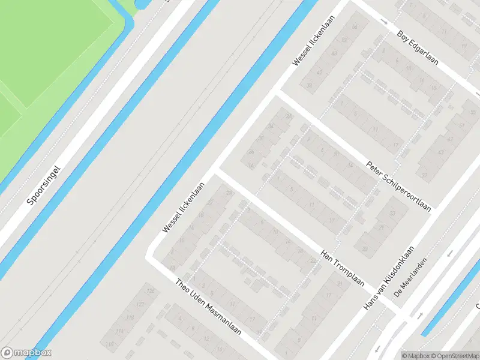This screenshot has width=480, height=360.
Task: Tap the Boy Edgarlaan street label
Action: click(x=418, y=48)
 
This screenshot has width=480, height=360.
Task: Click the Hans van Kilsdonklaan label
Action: click(x=389, y=278)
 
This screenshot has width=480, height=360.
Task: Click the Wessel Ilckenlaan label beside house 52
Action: click(x=313, y=41)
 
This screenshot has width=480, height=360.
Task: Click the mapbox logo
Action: click(x=26, y=353)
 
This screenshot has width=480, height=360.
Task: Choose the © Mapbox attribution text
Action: click(x=415, y=356)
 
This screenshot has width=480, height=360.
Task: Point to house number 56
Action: click(x=355, y=27)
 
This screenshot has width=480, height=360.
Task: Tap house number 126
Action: click(x=151, y=292)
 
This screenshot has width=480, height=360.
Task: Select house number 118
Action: click(x=130, y=317)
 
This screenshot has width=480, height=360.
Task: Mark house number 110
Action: click(x=109, y=344)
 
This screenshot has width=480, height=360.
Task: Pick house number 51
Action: click(x=461, y=125)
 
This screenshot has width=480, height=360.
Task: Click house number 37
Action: click(x=424, y=175)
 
